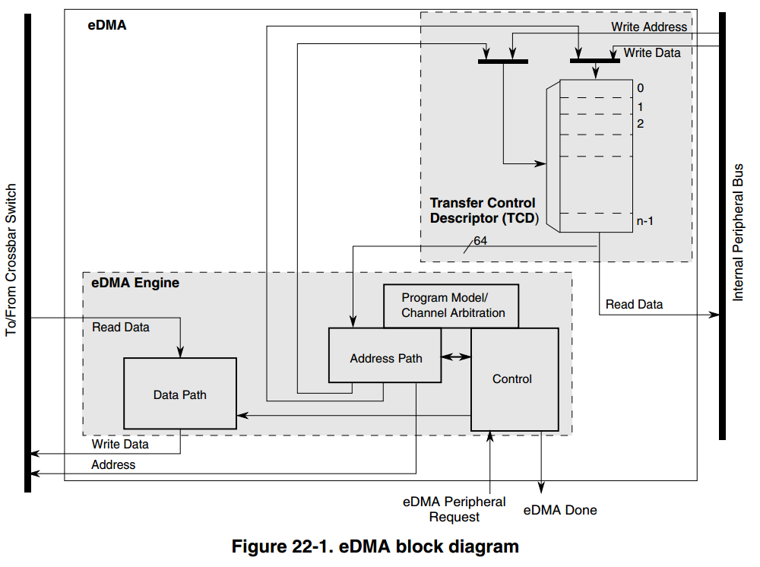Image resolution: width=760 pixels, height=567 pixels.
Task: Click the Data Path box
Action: tap(180, 394)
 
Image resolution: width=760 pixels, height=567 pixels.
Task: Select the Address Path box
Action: tap(385, 358)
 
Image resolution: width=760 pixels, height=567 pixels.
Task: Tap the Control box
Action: tap(512, 379)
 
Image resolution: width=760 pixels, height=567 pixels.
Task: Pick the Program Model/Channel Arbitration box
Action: tap(453, 306)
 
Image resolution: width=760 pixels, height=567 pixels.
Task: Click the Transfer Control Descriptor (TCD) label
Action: tap(483, 211)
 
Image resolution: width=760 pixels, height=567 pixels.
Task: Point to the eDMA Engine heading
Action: tap(135, 283)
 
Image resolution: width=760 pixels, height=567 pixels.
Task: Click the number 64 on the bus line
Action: tap(480, 241)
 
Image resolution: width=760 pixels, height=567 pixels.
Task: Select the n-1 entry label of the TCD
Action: tap(645, 221)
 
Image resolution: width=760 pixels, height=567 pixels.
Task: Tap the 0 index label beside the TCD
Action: tap(641, 88)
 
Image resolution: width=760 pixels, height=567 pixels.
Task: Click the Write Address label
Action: tap(649, 27)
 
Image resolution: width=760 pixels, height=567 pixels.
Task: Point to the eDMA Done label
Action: tap(560, 510)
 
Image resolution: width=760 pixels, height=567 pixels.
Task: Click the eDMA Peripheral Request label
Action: tap(454, 509)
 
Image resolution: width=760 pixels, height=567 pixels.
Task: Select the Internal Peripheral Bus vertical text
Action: tap(738, 232)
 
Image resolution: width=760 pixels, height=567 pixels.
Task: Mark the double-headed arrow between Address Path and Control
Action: tap(456, 356)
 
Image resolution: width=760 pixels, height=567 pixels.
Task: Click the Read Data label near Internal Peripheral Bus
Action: tap(634, 304)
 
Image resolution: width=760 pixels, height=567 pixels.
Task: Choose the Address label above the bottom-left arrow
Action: tap(113, 464)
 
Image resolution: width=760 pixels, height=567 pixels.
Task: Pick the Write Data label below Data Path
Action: tap(120, 444)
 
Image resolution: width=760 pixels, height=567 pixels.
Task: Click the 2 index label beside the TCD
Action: tap(641, 123)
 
